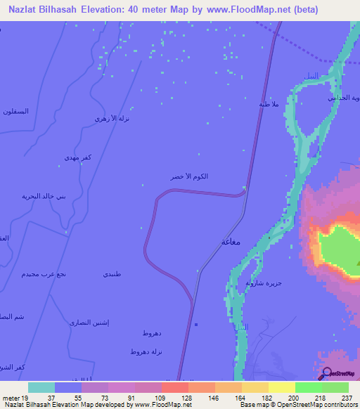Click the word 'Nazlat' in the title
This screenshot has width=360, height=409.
pos(25,10)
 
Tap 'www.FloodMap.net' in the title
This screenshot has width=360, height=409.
pos(247,10)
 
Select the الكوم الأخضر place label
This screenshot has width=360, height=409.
pos(189,177)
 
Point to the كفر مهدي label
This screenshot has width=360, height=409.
pos(76,157)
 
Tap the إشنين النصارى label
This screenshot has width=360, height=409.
pos(89,323)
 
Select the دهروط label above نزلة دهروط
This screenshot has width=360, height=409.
pos(152,332)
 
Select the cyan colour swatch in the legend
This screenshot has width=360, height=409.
pos(41,387)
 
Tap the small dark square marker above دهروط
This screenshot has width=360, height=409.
pos(196,324)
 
